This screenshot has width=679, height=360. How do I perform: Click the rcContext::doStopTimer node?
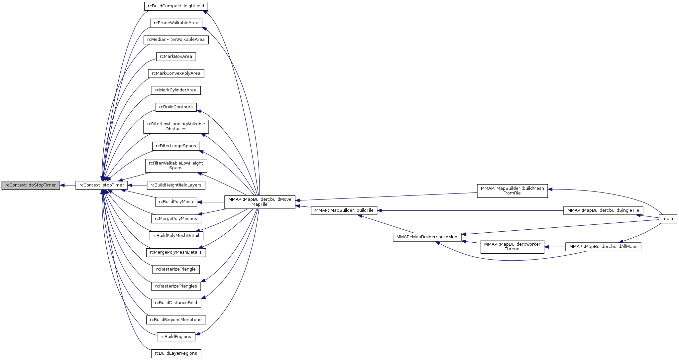31,185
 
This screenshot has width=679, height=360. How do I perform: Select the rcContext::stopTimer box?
102,185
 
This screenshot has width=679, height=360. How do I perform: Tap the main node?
668,219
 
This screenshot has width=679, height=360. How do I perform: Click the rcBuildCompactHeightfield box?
176,6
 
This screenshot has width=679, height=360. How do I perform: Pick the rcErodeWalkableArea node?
176,23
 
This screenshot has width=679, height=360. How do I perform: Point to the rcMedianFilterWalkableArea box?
176,40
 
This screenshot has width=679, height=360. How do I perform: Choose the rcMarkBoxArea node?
176,57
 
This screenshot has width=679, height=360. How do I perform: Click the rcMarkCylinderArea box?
176,90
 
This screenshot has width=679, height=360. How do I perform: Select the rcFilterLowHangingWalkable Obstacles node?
176,127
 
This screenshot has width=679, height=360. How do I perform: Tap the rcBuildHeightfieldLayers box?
176,185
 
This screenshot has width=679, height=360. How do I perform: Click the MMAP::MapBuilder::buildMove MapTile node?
260,202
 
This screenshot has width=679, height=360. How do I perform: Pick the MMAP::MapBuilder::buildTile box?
344,210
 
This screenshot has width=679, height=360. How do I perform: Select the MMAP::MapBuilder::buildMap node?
427,237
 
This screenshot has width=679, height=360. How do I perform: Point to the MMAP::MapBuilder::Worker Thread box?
512,247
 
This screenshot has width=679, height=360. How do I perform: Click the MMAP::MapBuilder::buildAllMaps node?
603,247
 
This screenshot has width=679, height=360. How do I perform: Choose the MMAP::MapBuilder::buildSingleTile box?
603,210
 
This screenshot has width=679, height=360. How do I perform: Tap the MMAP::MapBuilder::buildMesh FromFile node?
512,191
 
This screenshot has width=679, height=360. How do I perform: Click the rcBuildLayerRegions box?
176,353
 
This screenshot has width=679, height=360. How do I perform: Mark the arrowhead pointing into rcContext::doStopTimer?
62,185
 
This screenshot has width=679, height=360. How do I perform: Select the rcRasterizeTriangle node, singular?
176,269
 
